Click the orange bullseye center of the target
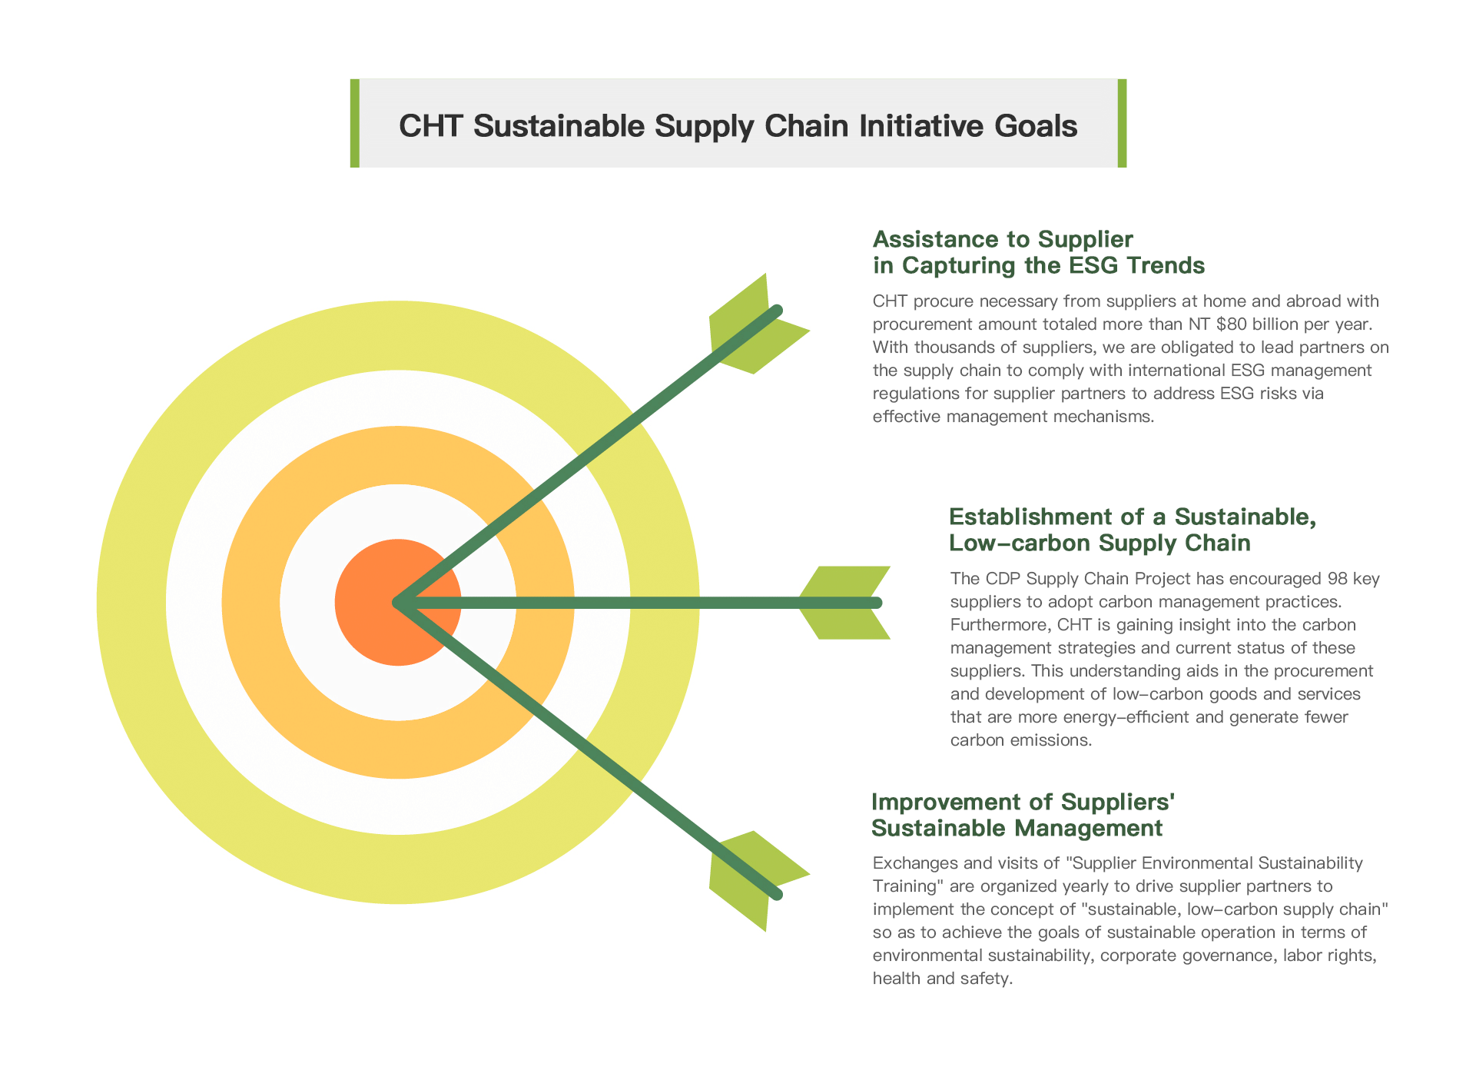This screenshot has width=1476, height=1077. (398, 602)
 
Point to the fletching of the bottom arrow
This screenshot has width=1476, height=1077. (757, 880)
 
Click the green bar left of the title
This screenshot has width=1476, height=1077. (355, 123)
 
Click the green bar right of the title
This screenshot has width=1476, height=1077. (1122, 123)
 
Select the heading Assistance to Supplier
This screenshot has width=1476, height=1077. (1003, 239)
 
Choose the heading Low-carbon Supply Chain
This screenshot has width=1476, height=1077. (1100, 543)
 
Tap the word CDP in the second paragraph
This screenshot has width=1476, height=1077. (1003, 578)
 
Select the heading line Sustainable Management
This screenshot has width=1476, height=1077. (1017, 828)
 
